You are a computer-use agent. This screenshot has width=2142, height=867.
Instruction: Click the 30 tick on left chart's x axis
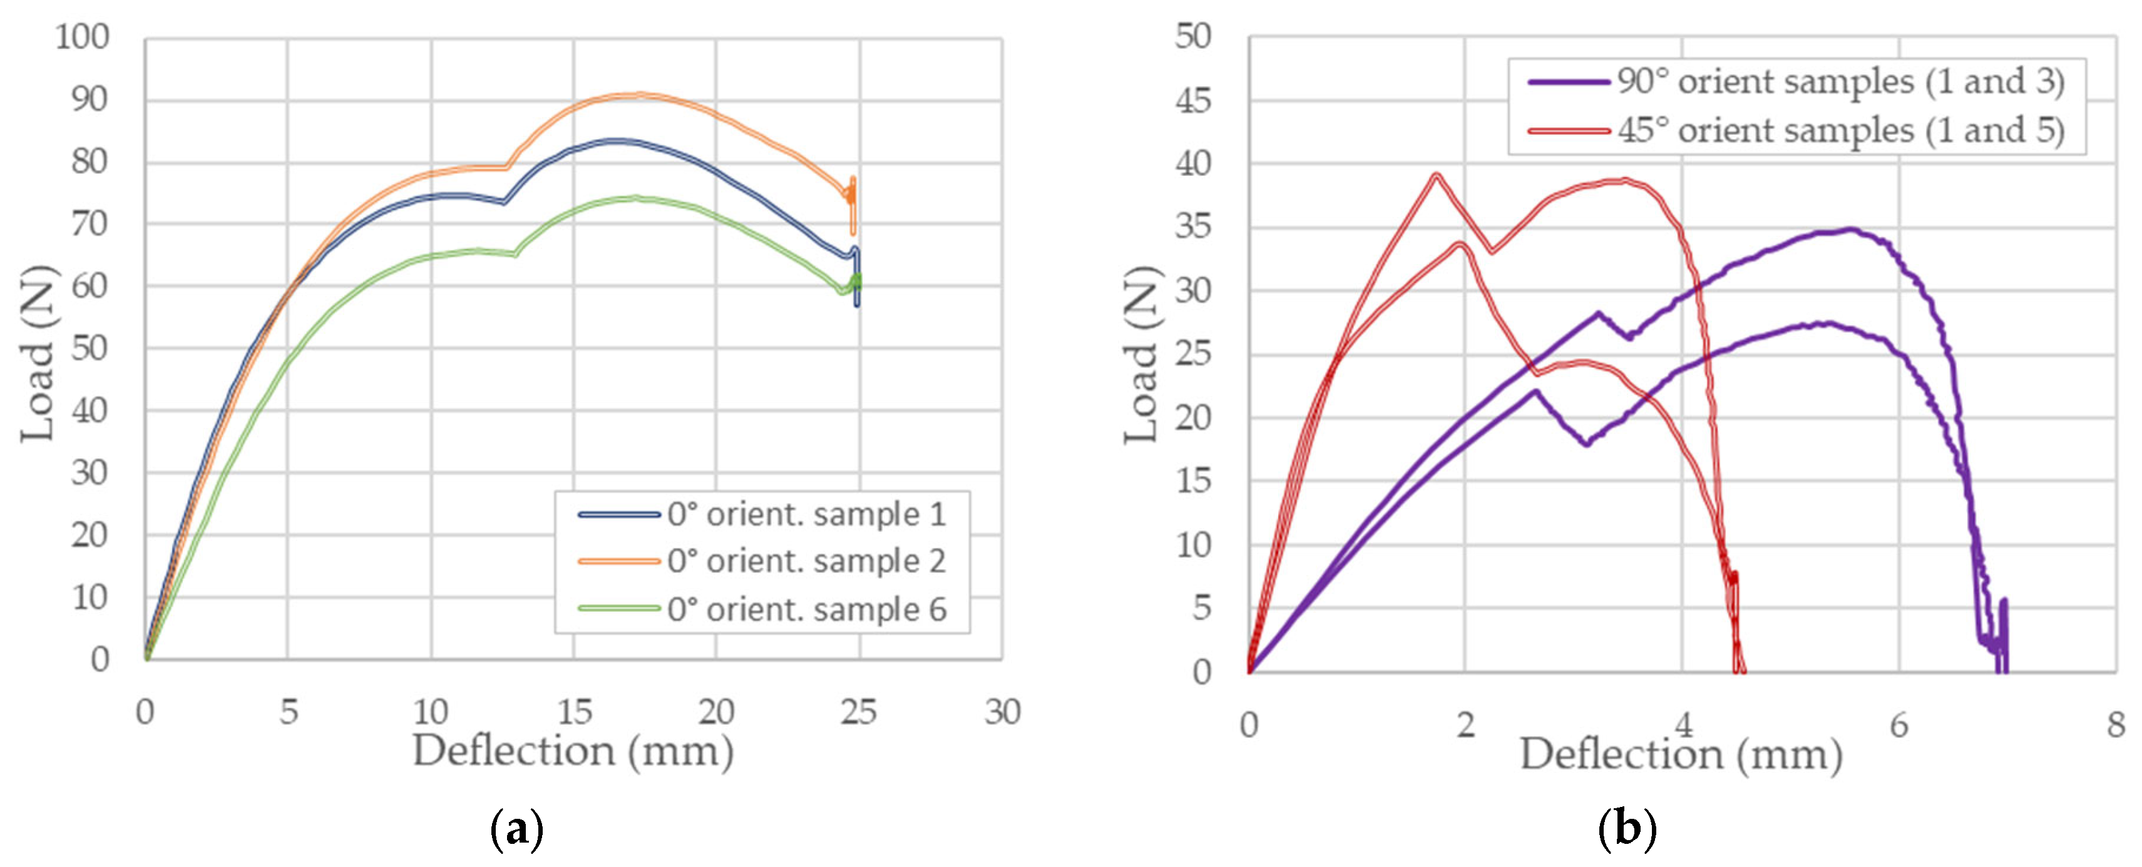coord(1002,712)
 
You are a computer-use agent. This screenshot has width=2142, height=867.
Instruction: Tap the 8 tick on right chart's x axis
coord(2115,726)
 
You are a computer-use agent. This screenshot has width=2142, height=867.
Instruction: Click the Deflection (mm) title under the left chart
coord(573,751)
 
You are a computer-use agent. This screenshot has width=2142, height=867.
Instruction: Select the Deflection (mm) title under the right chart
coord(1681,755)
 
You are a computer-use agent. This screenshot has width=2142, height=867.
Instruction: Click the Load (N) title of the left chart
coord(38,353)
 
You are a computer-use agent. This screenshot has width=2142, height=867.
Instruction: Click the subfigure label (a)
coord(517,829)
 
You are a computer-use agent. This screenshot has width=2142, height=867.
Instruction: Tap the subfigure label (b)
coord(1627,829)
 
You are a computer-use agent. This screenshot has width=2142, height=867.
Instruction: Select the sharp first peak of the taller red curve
coord(1435,175)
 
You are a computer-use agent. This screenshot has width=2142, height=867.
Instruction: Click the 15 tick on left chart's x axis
coord(574,712)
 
